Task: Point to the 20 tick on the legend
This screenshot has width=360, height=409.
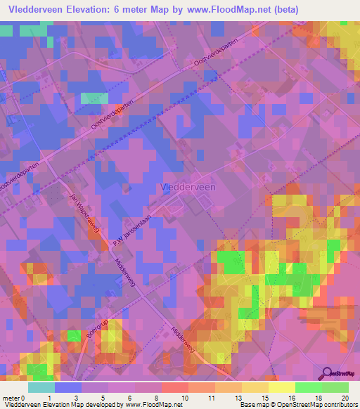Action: pyautogui.click(x=344, y=398)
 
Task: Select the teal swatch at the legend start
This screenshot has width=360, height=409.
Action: pyautogui.click(x=41, y=387)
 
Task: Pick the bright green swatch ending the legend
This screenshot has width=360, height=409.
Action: pyautogui.click(x=335, y=387)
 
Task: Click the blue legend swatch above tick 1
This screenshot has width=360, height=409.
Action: pyautogui.click(x=68, y=387)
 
